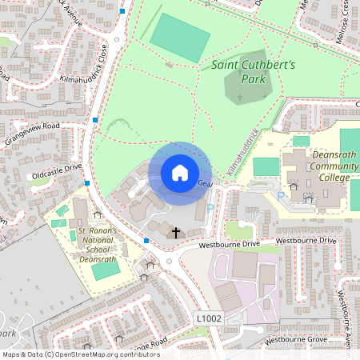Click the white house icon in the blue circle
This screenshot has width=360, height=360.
179,172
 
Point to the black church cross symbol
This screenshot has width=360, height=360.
176,233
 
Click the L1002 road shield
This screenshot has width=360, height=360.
209,318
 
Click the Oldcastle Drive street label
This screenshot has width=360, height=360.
57,168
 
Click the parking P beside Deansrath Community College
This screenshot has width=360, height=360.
281,194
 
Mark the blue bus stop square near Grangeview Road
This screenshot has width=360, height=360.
95,120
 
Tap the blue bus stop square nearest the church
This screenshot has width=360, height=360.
146,240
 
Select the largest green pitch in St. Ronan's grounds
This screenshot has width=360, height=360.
105,270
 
